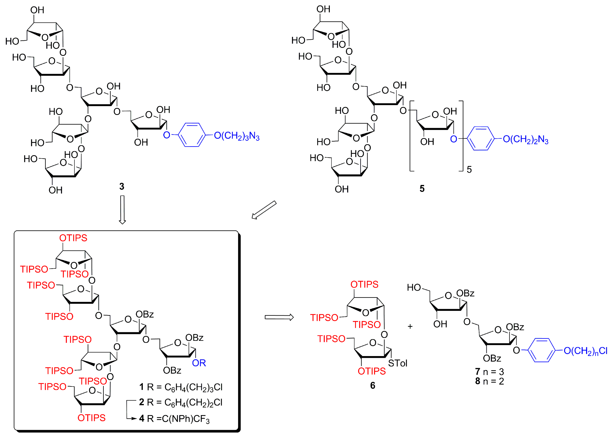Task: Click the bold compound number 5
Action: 422,188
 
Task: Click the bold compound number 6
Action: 373,385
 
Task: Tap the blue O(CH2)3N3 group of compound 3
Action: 237,136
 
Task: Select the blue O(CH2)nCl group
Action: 585,351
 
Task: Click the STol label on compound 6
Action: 398,363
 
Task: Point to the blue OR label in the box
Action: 199,363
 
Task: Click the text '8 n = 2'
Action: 489,381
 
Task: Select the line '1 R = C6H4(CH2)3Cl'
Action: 181,387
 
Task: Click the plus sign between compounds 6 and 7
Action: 410,326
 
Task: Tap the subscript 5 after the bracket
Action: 469,170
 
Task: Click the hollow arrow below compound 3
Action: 122,210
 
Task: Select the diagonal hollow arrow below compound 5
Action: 264,210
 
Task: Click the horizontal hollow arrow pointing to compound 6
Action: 279,317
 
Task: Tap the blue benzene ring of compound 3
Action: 192,135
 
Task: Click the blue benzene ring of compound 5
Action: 480,139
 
